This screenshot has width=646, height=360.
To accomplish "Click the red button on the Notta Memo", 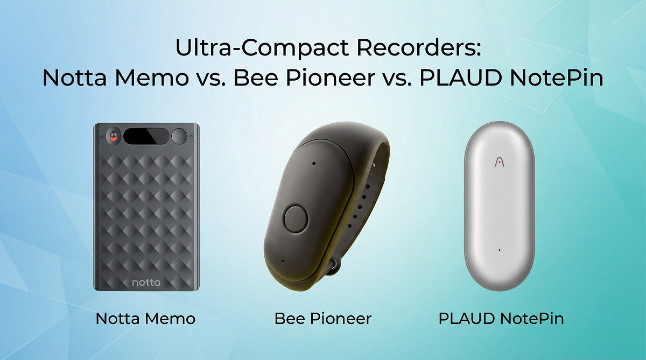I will (114, 137).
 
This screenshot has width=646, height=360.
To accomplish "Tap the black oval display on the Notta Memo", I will (146, 136).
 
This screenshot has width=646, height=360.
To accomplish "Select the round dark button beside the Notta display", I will (179, 136).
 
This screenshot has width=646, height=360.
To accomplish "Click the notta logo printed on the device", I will (146, 281).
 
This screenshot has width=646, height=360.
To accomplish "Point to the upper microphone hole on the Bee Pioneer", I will (313, 163).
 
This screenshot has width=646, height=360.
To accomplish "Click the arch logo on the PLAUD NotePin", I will (499, 161).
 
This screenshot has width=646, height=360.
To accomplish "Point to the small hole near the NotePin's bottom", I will (500, 250).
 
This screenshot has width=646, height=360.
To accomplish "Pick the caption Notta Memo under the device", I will (145, 319).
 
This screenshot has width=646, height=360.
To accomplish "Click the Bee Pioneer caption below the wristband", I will (323, 319).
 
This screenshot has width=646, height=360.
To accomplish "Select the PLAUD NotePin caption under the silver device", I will (501, 319).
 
